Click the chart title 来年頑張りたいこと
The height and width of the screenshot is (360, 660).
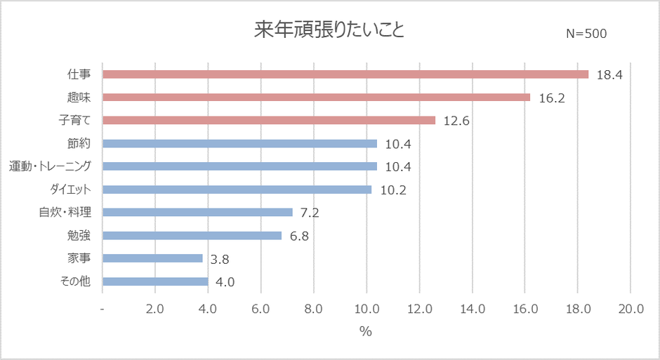pyautogui.click(x=329, y=32)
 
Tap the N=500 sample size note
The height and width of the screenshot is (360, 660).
pyautogui.click(x=586, y=34)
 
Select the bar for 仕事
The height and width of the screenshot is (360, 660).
pyautogui.click(x=345, y=74)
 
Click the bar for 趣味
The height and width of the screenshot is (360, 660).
pyautogui.click(x=317, y=98)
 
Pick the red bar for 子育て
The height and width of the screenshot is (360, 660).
pyautogui.click(x=269, y=121)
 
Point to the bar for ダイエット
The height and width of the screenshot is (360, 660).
pyautogui.click(x=237, y=189)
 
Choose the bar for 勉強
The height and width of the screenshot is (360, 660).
pyautogui.click(x=192, y=236)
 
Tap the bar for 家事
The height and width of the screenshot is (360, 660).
pyautogui.click(x=153, y=258)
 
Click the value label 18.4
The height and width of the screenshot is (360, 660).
pyautogui.click(x=609, y=75)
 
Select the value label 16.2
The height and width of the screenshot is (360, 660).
pyautogui.click(x=552, y=98)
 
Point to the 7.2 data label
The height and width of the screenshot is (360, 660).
pyautogui.click(x=310, y=213)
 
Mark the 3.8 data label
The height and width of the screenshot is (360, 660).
pyautogui.click(x=220, y=259)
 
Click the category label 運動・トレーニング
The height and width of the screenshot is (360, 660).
pyautogui.click(x=55, y=166)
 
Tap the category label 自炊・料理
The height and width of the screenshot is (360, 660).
pyautogui.click(x=70, y=213)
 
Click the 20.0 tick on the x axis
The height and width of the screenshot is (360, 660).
pyautogui.click(x=631, y=309)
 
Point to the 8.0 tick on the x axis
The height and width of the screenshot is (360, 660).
pyautogui.click(x=314, y=309)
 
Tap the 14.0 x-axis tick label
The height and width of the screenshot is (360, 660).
pyautogui.click(x=472, y=309)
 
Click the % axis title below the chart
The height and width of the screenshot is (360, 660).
pyautogui.click(x=366, y=332)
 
